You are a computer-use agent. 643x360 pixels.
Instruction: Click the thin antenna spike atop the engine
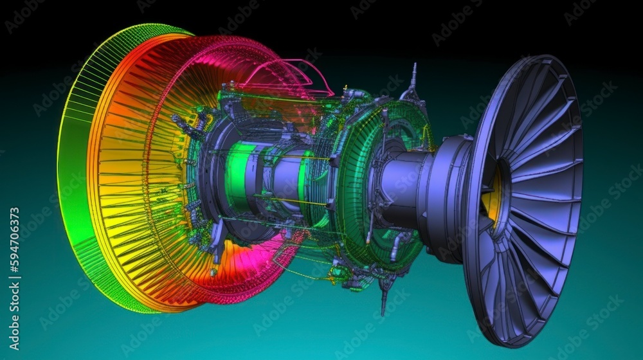pyautogui.click(x=413, y=74)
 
